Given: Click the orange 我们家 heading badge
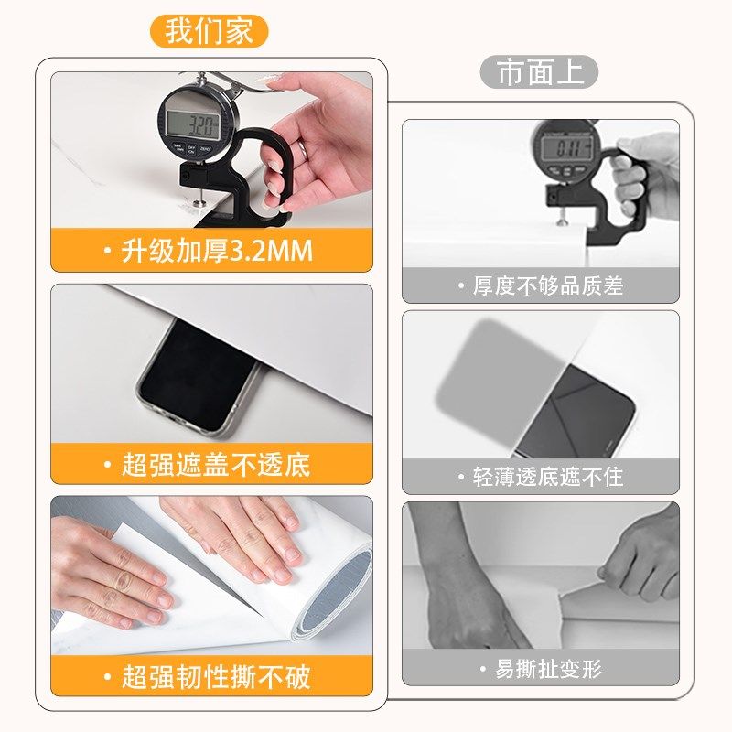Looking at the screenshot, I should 210,31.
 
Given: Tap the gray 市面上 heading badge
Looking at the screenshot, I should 539,73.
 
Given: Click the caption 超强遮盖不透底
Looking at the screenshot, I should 217,464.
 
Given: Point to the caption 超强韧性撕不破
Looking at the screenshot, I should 217,677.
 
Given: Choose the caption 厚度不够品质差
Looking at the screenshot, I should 547,286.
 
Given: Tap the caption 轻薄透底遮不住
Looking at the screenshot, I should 547,477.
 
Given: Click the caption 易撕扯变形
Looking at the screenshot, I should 547,669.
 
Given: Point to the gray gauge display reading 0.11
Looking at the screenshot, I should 565,146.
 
